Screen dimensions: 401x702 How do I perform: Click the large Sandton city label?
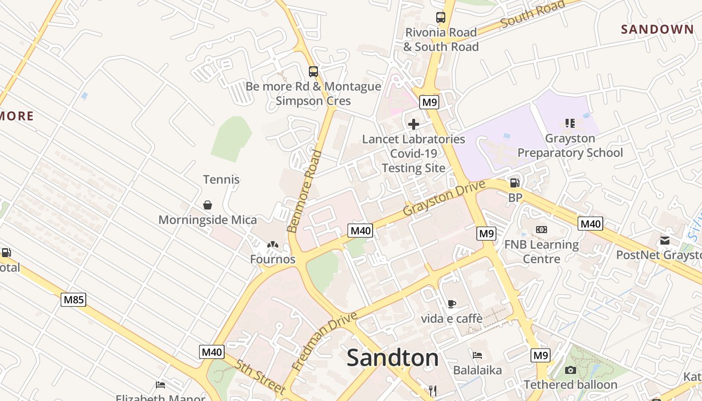[393, 358]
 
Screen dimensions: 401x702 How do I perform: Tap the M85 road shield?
[74, 300]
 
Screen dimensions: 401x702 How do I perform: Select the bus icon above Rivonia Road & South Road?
[440, 18]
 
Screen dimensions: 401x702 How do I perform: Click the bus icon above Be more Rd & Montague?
[313, 72]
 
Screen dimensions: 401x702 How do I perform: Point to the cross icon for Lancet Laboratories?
[414, 124]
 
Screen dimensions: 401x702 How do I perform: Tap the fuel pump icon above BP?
[514, 183]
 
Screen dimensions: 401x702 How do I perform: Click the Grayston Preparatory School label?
[570, 145]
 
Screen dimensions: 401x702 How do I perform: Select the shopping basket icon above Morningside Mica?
[207, 205]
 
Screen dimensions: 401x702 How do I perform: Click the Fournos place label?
[273, 259]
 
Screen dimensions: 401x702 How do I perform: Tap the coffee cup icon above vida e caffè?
[451, 303]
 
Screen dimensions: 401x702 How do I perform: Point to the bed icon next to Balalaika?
[477, 355]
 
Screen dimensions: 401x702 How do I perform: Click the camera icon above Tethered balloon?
[570, 370]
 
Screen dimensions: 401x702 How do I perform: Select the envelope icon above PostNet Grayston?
[665, 241]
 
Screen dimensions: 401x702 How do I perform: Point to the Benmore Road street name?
[304, 192]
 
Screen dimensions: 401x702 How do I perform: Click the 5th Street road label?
[259, 376]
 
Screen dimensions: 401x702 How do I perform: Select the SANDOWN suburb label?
[657, 30]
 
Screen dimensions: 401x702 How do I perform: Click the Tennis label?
[221, 179]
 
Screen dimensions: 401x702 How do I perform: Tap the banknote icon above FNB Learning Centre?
[541, 230]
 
